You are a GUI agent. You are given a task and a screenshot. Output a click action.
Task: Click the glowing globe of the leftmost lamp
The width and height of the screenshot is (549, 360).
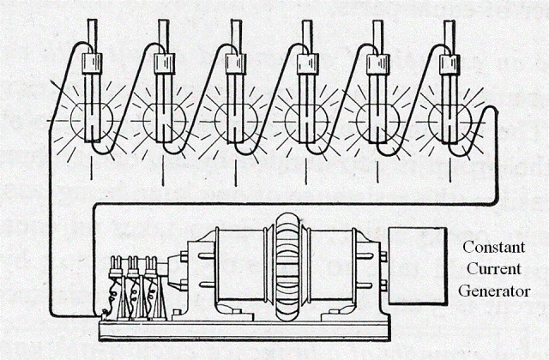tap(89, 123)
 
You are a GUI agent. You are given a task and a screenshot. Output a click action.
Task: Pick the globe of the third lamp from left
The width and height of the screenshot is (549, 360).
tap(232, 123)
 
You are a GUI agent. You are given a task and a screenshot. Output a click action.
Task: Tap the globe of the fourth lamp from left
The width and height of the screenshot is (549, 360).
tap(304, 123)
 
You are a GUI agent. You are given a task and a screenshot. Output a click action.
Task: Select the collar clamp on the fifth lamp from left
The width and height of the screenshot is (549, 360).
tap(376, 64)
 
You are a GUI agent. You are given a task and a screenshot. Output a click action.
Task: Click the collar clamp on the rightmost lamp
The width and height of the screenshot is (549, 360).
tap(447, 64)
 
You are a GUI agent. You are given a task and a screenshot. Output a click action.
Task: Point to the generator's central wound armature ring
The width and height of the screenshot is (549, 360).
tap(287, 265)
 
